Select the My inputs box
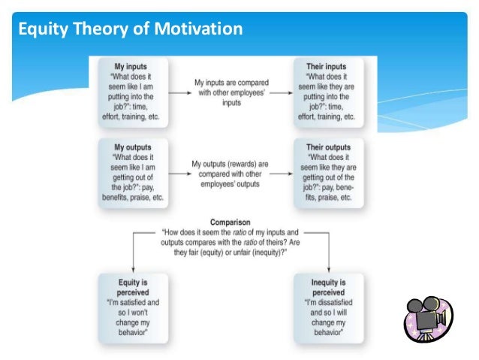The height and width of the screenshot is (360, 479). [x=132, y=92]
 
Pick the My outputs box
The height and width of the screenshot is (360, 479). [x=132, y=172]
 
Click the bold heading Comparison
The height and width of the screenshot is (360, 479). [x=230, y=222]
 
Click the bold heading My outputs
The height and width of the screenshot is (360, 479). [x=132, y=147]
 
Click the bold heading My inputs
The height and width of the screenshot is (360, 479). [x=132, y=67]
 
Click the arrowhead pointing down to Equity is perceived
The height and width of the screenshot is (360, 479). [x=132, y=269]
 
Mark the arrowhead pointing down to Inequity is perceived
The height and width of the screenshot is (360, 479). [x=329, y=269]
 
